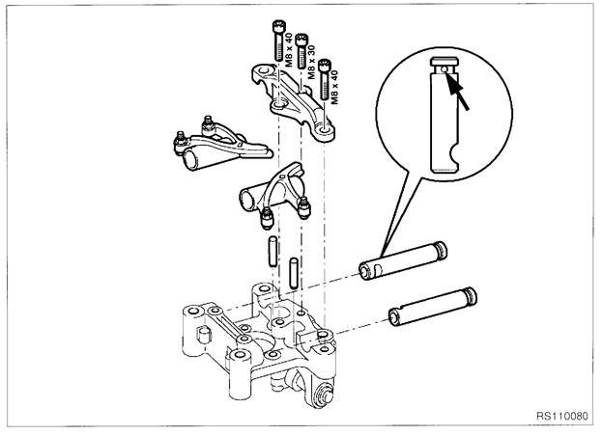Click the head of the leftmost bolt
(x=278, y=22)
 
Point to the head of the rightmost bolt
(x=325, y=63)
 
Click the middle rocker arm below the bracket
(x=274, y=194)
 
